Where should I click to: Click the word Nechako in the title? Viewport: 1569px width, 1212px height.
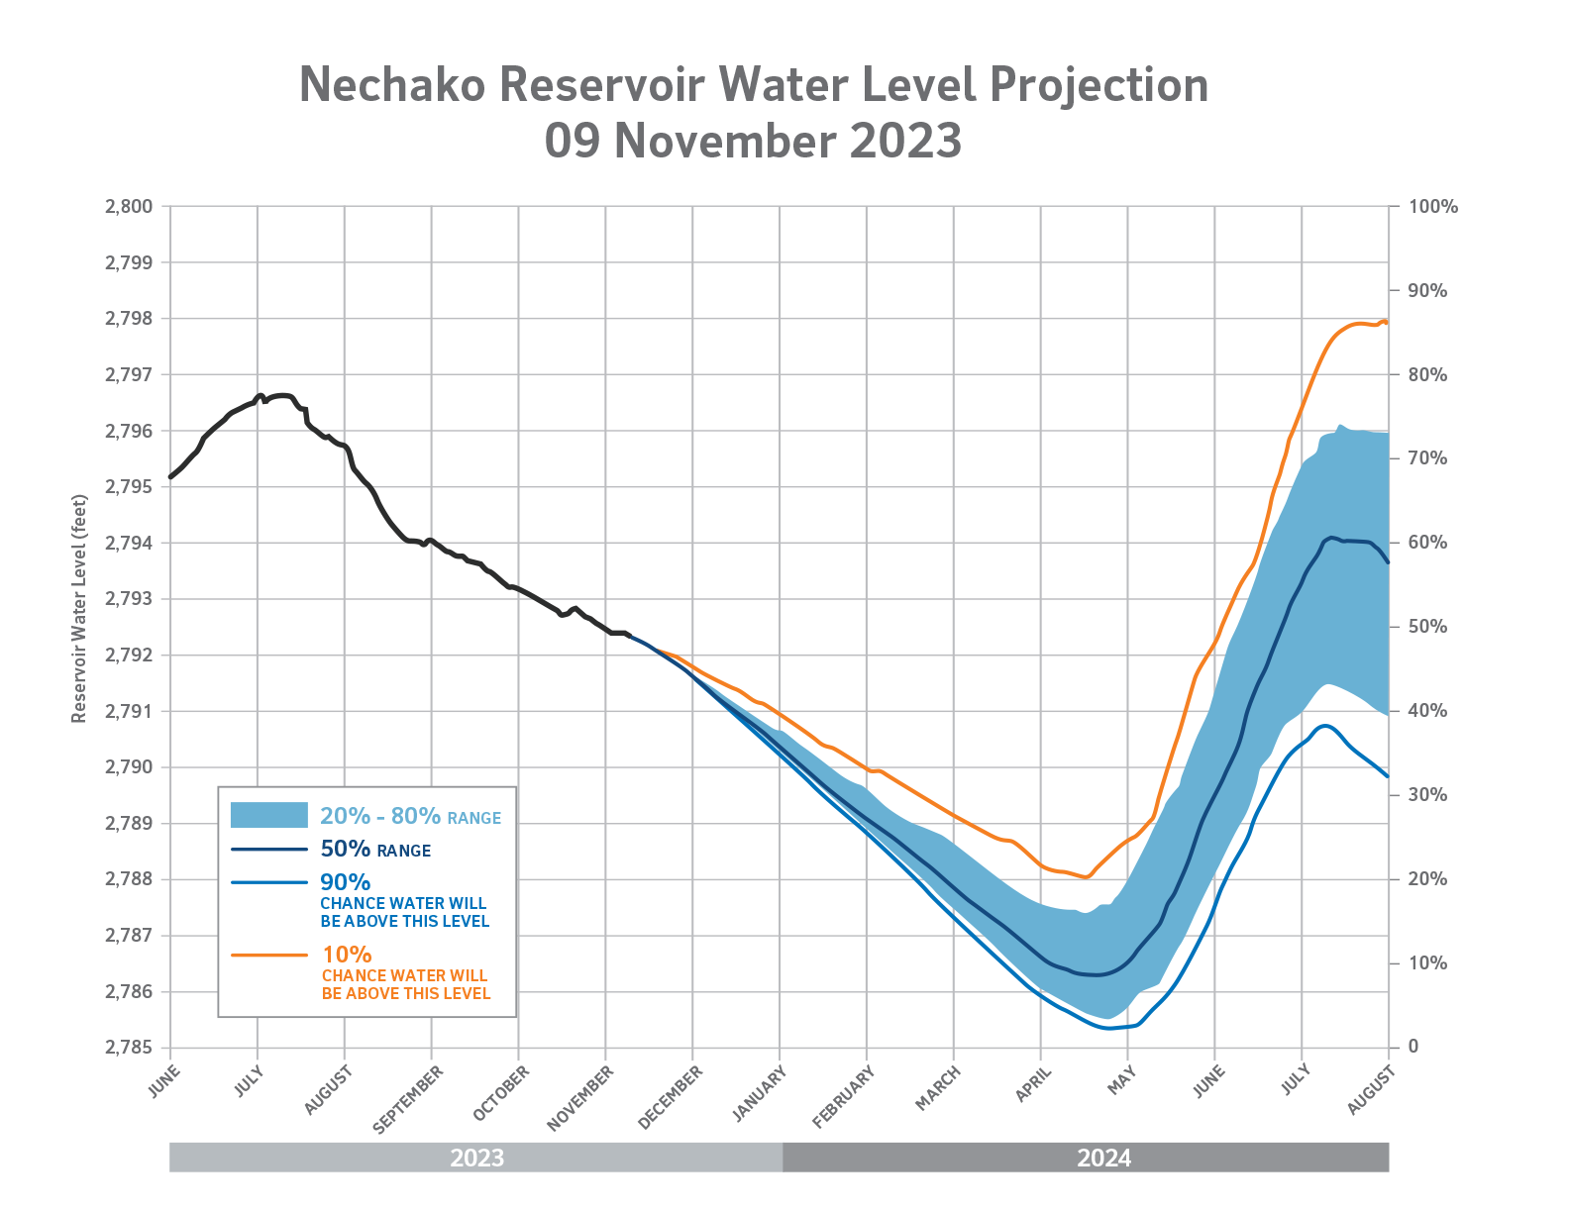(x=392, y=85)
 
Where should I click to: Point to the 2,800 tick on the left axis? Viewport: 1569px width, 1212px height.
(x=129, y=207)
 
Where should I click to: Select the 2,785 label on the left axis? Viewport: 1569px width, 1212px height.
(x=129, y=1048)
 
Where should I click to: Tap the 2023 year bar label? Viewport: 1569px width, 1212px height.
(x=476, y=1158)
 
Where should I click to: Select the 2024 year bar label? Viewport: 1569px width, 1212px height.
(x=1103, y=1158)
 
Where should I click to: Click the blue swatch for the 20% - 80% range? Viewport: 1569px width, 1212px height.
(x=268, y=815)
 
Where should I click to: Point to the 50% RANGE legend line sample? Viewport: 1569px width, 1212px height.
(x=268, y=850)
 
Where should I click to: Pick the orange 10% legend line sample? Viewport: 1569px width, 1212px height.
(x=268, y=955)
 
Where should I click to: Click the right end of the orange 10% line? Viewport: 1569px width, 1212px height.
(x=1386, y=322)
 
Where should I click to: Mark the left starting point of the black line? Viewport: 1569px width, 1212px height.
(x=171, y=477)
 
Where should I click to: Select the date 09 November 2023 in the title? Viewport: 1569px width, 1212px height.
(x=753, y=141)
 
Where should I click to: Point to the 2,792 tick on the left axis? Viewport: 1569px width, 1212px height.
(x=129, y=656)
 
